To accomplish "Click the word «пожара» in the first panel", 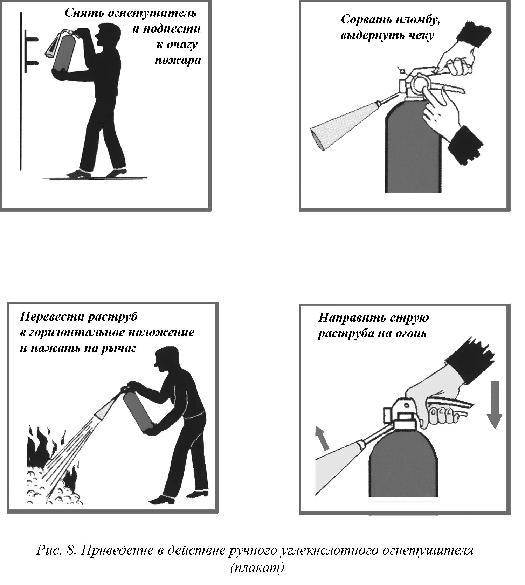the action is click(x=178, y=61).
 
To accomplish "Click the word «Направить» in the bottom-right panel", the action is click(x=351, y=318).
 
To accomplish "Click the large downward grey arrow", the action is click(x=494, y=404).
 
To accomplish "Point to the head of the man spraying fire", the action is click(x=163, y=358).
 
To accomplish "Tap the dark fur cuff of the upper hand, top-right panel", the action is click(x=475, y=35).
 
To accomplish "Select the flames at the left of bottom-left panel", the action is click(x=42, y=448).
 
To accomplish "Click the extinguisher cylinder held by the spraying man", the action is click(x=138, y=411).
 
